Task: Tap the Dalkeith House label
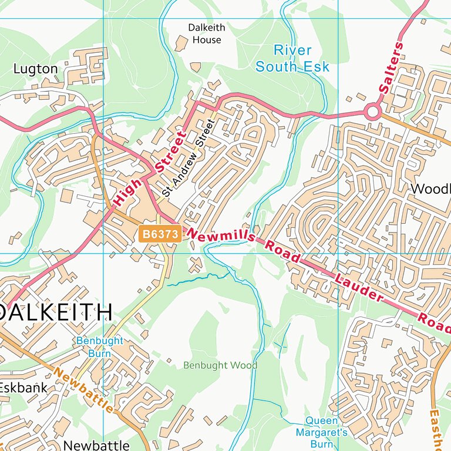[206, 33]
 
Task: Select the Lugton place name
[36, 69]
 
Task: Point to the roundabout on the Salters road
[372, 111]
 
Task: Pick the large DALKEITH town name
[56, 312]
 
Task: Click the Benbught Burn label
[99, 347]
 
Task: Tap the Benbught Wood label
[220, 365]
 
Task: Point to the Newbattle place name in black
[96, 445]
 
